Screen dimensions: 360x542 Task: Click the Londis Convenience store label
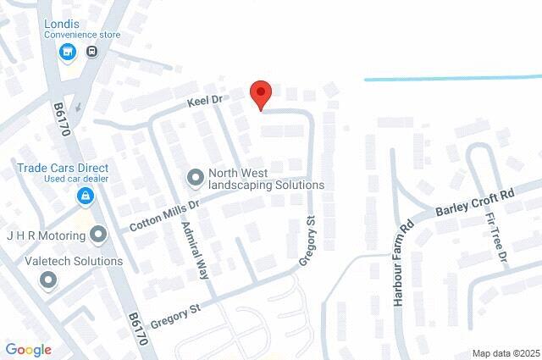83,29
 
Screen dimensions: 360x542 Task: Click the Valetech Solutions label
74,261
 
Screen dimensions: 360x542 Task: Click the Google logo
28,350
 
